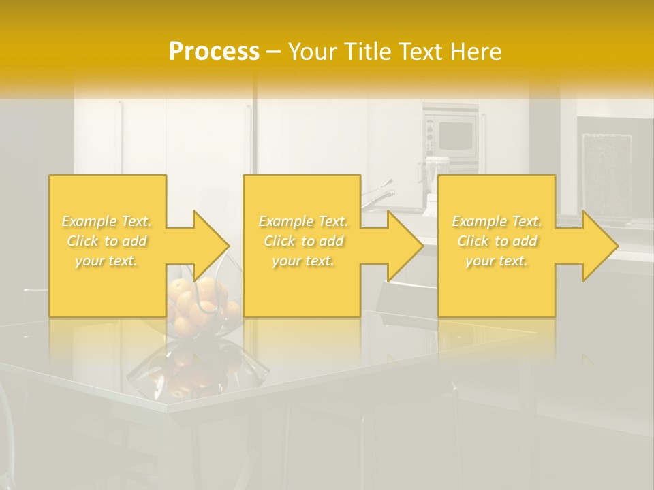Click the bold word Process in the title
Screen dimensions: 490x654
point(214,52)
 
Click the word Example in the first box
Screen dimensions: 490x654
point(88,221)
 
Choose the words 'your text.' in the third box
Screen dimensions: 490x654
point(497,261)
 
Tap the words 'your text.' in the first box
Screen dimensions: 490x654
point(106,261)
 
